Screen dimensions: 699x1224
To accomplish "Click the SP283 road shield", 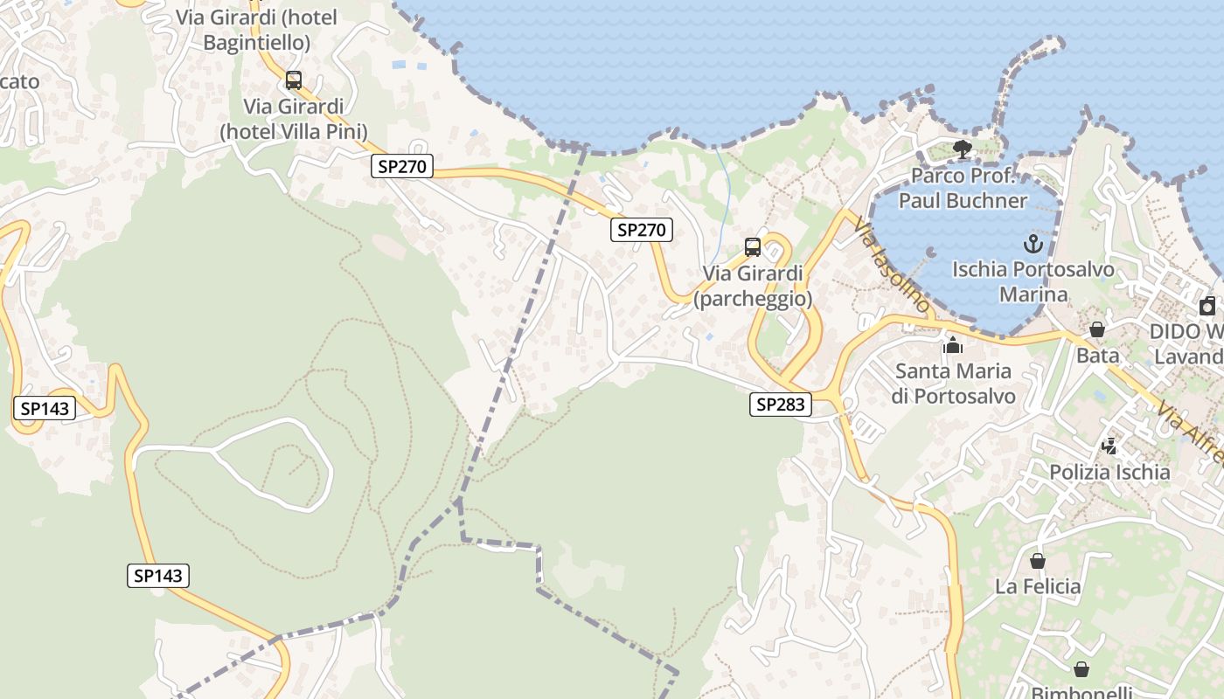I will click(x=781, y=405).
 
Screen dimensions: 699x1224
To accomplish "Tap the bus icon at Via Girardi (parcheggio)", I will click(x=753, y=247).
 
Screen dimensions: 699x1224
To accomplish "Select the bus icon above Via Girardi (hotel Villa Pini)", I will click(x=294, y=81).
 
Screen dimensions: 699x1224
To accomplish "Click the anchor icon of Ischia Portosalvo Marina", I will click(x=1033, y=243).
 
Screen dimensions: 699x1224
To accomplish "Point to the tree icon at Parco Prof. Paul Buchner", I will click(x=963, y=149).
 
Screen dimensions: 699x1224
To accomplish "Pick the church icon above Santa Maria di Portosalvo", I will click(x=953, y=345).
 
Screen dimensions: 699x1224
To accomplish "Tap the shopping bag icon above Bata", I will click(x=1097, y=329).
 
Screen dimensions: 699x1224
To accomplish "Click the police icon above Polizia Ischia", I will click(x=1109, y=446).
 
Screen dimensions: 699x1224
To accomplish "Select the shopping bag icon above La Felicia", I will click(x=1038, y=560).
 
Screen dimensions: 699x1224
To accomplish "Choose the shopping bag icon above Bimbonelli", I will click(x=1081, y=669).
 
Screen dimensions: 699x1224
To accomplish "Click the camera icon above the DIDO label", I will click(x=1207, y=306).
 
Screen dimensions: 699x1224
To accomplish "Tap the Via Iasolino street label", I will click(x=891, y=265).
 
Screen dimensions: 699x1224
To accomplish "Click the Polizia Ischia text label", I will click(x=1109, y=473).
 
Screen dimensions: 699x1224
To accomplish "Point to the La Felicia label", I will click(x=1038, y=586).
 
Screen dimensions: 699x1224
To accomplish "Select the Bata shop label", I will click(x=1097, y=356).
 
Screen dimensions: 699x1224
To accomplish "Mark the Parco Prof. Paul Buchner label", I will click(x=963, y=188).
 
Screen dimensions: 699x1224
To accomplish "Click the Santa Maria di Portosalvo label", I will click(x=953, y=384).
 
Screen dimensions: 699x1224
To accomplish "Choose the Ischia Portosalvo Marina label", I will click(x=1033, y=281).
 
